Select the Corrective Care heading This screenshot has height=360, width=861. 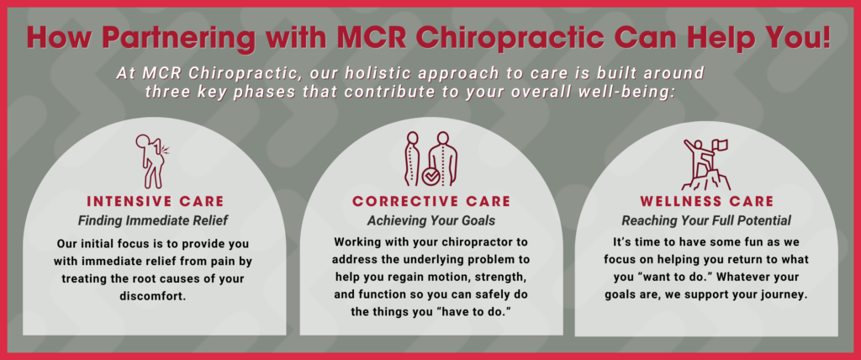(x=430, y=202)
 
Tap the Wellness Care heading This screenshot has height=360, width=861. (x=707, y=202)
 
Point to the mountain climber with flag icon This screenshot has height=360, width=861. (x=707, y=163)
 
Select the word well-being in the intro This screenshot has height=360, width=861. (x=623, y=92)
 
